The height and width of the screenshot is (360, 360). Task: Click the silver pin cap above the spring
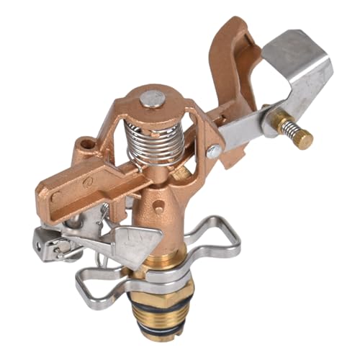pyautogui.click(x=152, y=99)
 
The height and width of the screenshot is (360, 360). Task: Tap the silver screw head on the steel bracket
pyautogui.click(x=214, y=151)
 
